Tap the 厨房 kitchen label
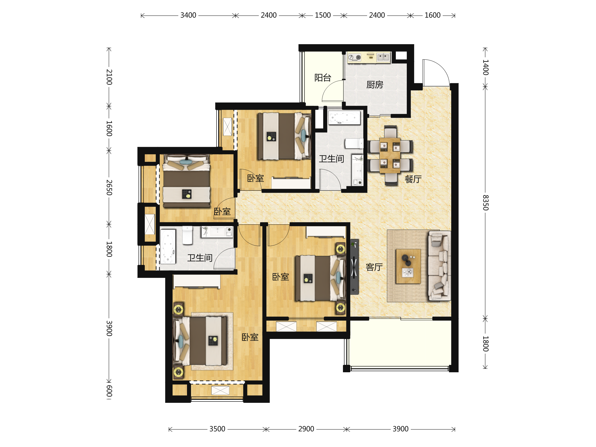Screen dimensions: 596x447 click(374, 85)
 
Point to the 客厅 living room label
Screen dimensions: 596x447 click(374, 267)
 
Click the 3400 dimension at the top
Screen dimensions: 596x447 click(188, 15)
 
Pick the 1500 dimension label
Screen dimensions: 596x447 click(323, 15)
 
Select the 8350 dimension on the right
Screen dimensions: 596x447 click(485, 203)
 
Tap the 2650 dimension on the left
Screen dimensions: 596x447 click(109, 187)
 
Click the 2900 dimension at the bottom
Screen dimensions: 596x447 click(306, 429)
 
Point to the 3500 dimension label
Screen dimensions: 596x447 click(217, 429)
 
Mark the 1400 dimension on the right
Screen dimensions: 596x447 click(485, 67)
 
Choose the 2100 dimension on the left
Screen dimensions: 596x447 click(109, 77)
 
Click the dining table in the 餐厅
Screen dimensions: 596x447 click(390, 155)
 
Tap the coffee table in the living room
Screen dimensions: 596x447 click(408, 266)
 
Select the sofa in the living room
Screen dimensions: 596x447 click(439, 265)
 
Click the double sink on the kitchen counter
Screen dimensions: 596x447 click(383, 57)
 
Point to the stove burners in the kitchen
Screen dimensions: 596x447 click(355, 57)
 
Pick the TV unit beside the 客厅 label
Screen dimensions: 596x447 click(354, 267)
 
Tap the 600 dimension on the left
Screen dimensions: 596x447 click(109, 391)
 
